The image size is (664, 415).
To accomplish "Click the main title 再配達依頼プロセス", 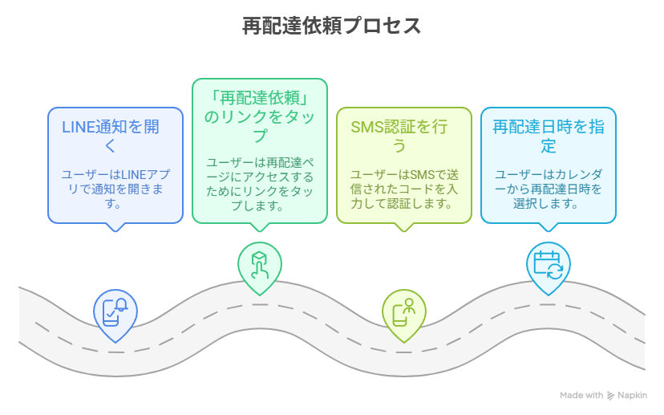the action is coord(331,26).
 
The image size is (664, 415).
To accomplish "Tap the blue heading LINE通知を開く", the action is coord(111,136).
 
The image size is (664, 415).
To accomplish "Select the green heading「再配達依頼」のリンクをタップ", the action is coord(260,116).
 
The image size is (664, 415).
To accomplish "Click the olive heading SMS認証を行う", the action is coord(399,136).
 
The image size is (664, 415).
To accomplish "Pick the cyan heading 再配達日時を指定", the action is coord(549,136).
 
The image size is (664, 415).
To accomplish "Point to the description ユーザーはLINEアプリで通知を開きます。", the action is coord(115,189).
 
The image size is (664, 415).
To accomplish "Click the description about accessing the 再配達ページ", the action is coord(260,184).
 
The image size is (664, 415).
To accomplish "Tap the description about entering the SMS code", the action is coord(404,189).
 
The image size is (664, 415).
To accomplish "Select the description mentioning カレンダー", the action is coord(549,189).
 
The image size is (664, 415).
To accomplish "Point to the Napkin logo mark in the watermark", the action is coord(610,396).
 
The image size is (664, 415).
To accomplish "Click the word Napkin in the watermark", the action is coord(632,395).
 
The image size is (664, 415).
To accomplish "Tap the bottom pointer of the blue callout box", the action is coord(115,228).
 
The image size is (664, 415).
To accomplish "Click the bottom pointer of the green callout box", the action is coord(260,228).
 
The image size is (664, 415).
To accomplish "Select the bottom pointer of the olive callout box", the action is coord(404,228).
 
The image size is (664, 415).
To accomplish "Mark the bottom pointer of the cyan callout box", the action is coord(549,228).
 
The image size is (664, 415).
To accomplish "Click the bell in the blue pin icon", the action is coord(121,305).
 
